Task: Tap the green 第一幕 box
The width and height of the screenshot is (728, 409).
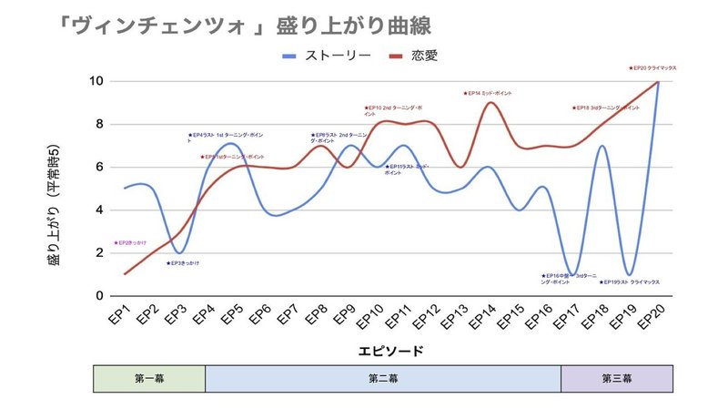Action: tap(149, 378)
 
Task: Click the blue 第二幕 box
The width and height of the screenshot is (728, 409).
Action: tap(383, 378)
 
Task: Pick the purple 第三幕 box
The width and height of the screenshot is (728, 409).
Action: tap(617, 378)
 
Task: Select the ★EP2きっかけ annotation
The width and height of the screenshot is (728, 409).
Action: tap(130, 243)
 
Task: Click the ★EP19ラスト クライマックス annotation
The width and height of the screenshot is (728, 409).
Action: tap(629, 282)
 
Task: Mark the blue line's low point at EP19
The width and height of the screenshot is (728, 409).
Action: tap(630, 274)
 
